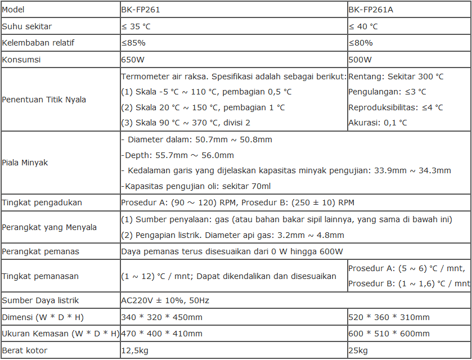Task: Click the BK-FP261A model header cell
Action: (x=370, y=10)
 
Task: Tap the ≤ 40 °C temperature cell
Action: (x=363, y=26)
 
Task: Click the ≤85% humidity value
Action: (x=133, y=43)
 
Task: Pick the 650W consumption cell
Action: (x=132, y=60)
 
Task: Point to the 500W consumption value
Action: (x=360, y=60)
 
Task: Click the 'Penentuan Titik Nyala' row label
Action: (x=44, y=100)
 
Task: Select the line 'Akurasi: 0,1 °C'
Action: (x=377, y=123)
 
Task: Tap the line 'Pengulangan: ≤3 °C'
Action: (x=387, y=92)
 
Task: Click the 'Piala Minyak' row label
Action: (x=25, y=163)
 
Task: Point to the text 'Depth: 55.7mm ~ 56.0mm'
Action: (x=178, y=155)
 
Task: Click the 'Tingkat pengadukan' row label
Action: (x=42, y=202)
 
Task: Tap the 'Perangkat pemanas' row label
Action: (x=41, y=251)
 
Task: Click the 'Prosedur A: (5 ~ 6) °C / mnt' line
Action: (x=406, y=268)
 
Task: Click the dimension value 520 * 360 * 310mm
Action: (x=389, y=317)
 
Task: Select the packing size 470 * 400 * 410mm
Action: (x=161, y=334)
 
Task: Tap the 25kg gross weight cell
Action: (x=358, y=350)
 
